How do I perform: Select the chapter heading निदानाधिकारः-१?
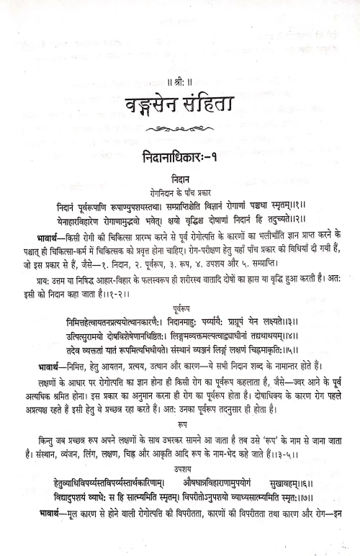point(179,156)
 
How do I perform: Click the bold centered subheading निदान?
point(180,176)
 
